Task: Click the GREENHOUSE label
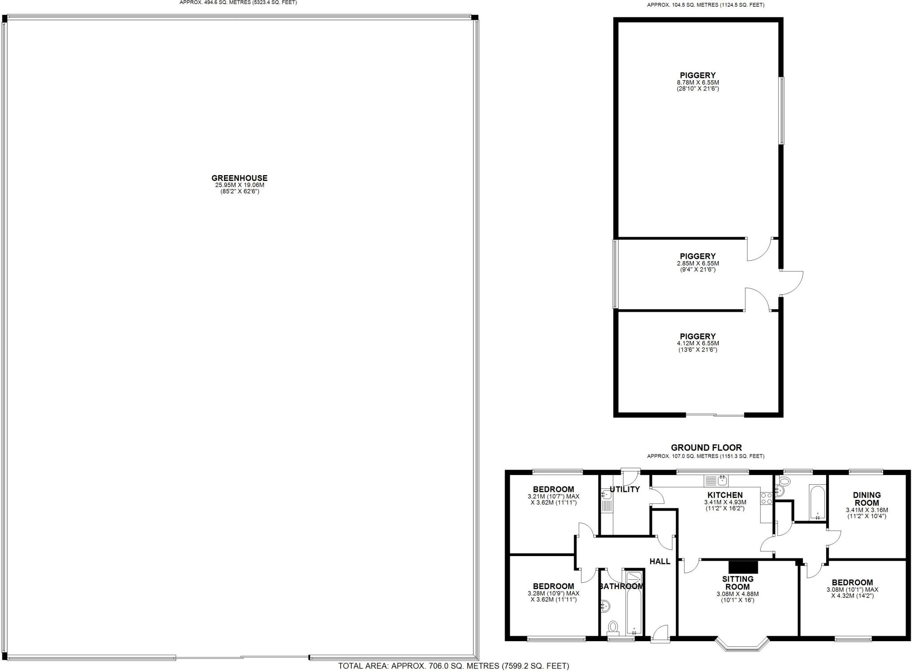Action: pos(239,178)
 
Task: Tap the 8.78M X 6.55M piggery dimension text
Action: pos(698,82)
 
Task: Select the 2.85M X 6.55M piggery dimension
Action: pos(698,263)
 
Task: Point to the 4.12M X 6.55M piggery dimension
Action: pos(698,344)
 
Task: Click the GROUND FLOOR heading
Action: pos(706,448)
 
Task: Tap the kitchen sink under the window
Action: pos(715,480)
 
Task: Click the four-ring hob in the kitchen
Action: pos(766,498)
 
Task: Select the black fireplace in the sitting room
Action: pos(743,566)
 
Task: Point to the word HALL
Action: pos(660,561)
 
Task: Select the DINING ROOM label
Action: pos(867,499)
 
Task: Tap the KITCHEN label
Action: pos(725,495)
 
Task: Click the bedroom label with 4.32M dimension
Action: pos(852,582)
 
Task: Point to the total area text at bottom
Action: pos(453,666)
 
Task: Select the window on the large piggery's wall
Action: pos(782,110)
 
